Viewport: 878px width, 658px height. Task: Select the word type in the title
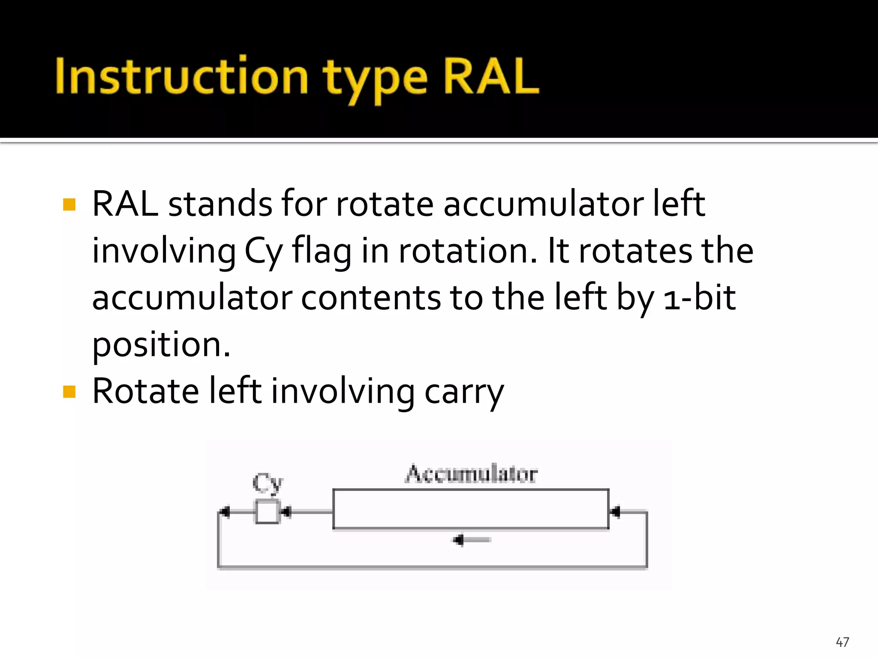click(x=375, y=80)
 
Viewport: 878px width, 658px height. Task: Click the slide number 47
click(x=842, y=642)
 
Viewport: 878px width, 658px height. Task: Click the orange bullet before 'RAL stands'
click(x=69, y=204)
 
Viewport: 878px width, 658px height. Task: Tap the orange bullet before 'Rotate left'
click(x=69, y=392)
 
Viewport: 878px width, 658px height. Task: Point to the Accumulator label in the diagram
click(x=471, y=474)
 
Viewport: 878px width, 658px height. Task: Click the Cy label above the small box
click(x=268, y=483)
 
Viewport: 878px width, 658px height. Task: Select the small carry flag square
click(x=267, y=511)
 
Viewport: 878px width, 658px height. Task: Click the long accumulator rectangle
click(x=471, y=509)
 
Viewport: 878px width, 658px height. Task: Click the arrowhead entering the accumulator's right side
click(x=616, y=511)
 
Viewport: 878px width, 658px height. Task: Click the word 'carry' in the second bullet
click(x=464, y=392)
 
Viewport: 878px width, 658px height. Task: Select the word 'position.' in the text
click(x=161, y=345)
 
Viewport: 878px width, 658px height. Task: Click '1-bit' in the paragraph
click(x=699, y=297)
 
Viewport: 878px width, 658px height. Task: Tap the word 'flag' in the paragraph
click(x=322, y=251)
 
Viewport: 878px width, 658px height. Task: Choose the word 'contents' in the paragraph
click(x=371, y=298)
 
